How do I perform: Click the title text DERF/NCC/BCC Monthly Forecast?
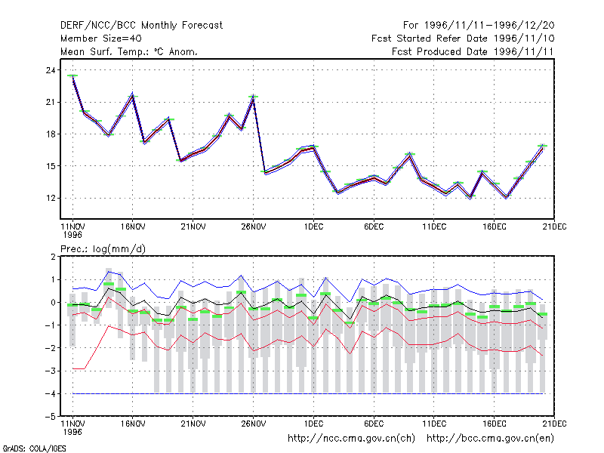141,26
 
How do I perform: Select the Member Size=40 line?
101,39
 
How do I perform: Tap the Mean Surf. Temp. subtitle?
129,51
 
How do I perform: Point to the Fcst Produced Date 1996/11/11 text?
473,51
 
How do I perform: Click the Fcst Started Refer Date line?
463,39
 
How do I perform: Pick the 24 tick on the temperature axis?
51,70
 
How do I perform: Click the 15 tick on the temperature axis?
51,166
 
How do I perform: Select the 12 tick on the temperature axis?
51,198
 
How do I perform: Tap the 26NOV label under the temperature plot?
254,226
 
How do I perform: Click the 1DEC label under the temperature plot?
313,226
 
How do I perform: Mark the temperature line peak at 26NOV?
253,98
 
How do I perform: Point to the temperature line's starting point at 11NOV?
72,76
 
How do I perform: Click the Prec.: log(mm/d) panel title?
103,249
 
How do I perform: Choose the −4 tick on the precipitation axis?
50,393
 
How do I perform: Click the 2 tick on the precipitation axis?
53,257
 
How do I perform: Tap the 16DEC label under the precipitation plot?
495,424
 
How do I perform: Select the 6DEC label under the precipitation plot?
374,424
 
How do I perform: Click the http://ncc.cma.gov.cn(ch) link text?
351,439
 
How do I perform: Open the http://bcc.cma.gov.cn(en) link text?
490,439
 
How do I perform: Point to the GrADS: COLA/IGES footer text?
34,448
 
